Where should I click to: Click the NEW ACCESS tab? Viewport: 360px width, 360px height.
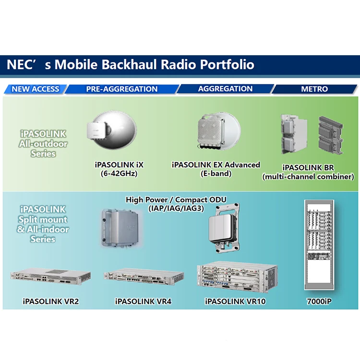tap(35, 89)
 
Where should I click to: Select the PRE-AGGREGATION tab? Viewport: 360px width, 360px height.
tap(121, 89)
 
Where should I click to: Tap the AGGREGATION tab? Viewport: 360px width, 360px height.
tap(225, 89)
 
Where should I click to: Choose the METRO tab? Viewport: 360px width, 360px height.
tap(314, 89)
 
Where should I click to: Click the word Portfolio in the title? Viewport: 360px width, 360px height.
tap(227, 64)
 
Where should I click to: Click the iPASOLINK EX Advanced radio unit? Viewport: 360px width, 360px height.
tap(215, 130)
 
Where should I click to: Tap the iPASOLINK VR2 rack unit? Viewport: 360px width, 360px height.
tap(50, 278)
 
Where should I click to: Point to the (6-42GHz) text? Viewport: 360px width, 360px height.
tap(119, 173)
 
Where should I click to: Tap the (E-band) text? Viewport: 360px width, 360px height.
tap(216, 173)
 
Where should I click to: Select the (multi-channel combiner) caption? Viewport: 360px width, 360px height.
tap(308, 177)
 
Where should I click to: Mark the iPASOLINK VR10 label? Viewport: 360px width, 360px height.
tap(235, 302)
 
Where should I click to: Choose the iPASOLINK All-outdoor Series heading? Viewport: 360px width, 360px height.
tap(43, 144)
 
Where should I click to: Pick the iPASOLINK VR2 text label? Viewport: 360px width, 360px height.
tap(50, 302)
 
